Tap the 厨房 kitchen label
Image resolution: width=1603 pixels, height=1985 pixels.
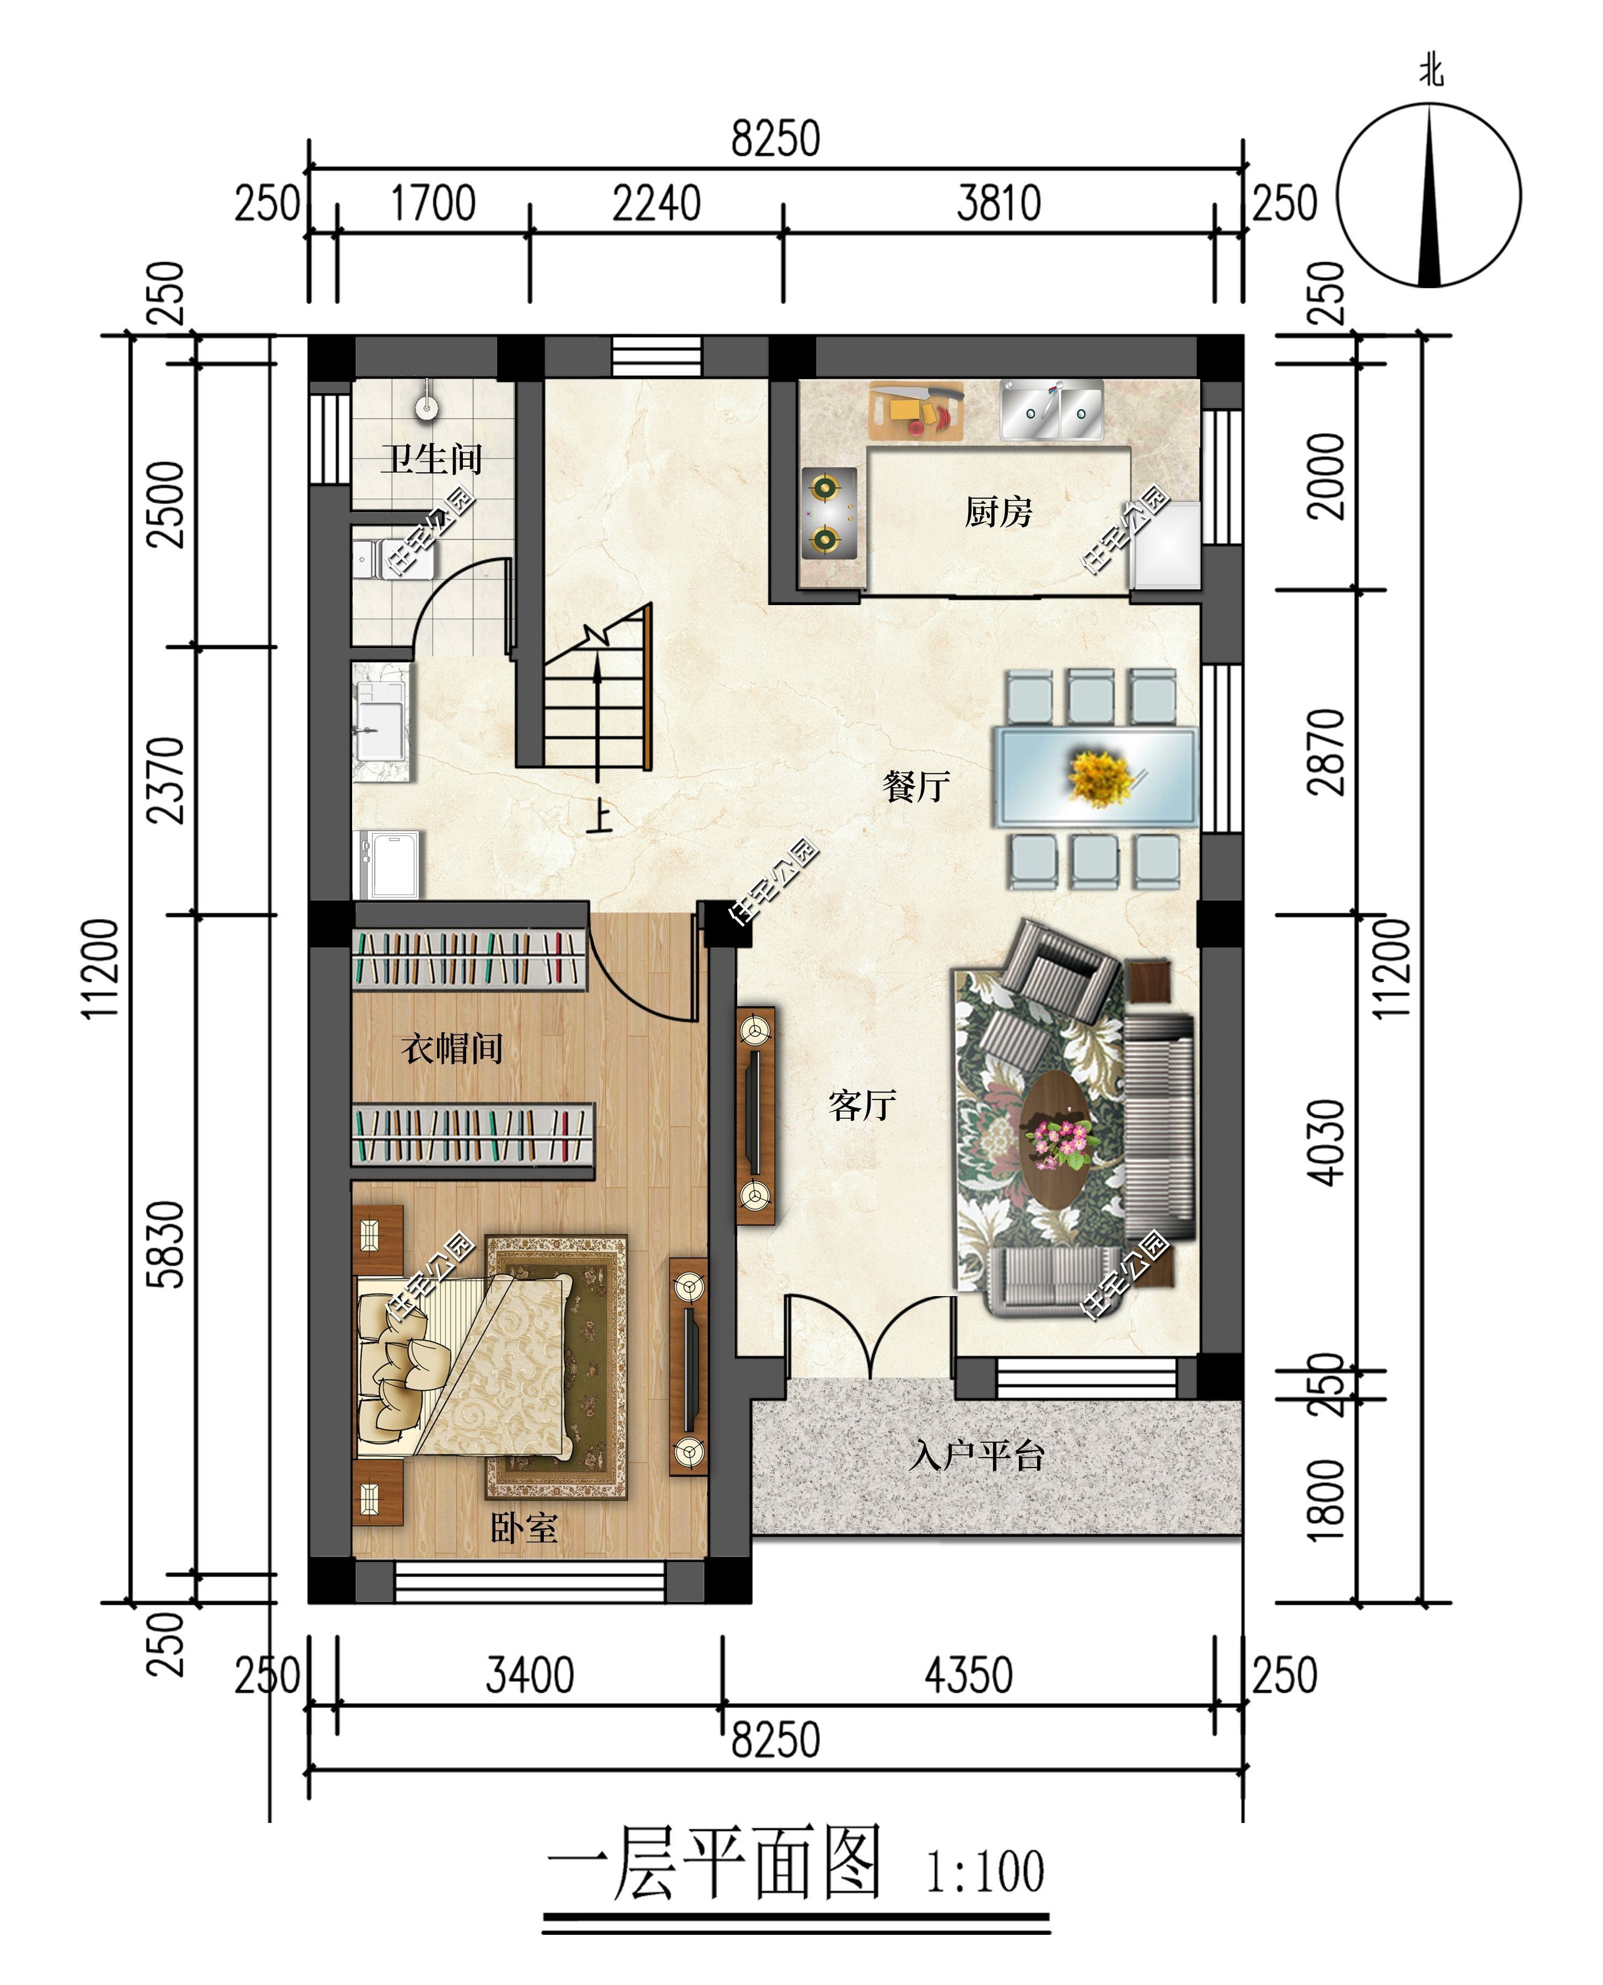click(997, 511)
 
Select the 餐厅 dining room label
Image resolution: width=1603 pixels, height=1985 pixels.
click(915, 786)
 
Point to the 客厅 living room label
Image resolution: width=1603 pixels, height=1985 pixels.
click(861, 1105)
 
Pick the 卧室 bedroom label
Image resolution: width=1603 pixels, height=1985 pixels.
click(523, 1529)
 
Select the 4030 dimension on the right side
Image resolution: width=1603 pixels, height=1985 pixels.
click(1327, 1142)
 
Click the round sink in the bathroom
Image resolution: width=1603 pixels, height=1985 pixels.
click(425, 406)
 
